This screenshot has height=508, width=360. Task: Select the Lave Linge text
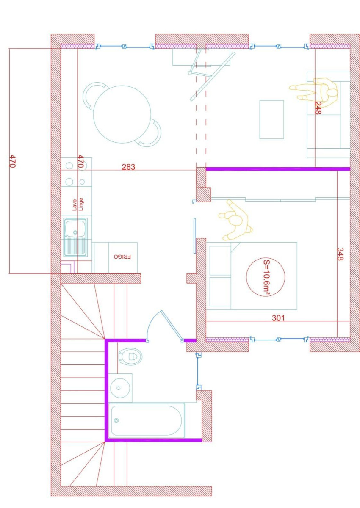click(78, 204)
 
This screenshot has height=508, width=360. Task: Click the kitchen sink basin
click(75, 232)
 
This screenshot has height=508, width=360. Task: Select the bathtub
click(146, 420)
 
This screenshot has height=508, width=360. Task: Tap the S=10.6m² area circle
click(266, 277)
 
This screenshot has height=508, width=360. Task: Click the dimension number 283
click(128, 167)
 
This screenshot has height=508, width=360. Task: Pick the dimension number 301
click(278, 318)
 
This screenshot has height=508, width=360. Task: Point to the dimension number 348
click(341, 254)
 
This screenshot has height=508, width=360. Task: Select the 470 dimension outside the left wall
click(13, 161)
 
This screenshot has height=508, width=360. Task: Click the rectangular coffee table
click(271, 119)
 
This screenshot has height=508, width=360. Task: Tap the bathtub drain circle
click(116, 420)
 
